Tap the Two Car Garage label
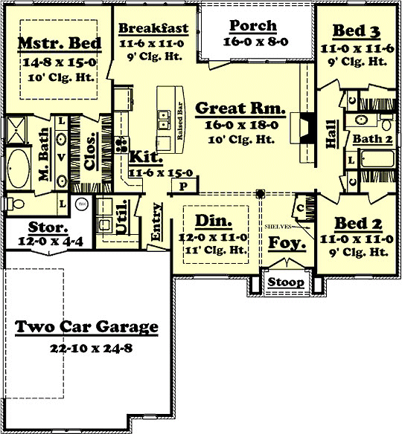[x=86, y=327]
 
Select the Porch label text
[x=253, y=25]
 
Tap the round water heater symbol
[x=83, y=203]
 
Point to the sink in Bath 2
[x=360, y=119]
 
